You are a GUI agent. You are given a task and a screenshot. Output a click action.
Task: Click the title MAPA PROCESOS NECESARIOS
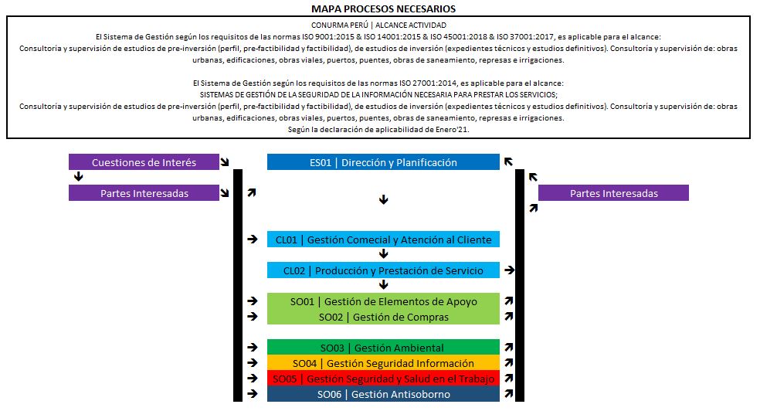click(383, 8)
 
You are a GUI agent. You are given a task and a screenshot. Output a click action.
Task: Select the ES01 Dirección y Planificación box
click(383, 162)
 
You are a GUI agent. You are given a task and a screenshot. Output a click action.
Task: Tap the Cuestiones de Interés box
click(144, 162)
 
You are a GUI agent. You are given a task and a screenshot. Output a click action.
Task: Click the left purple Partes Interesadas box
click(144, 193)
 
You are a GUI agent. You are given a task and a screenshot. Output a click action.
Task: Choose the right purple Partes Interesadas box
click(613, 193)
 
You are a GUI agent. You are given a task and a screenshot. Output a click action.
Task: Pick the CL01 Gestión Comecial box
click(383, 239)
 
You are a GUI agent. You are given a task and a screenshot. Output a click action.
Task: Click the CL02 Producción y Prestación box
click(383, 270)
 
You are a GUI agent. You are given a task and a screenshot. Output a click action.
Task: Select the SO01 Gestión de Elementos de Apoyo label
click(383, 301)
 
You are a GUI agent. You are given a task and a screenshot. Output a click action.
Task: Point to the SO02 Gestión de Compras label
click(383, 317)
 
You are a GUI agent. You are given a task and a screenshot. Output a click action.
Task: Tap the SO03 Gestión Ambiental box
click(383, 348)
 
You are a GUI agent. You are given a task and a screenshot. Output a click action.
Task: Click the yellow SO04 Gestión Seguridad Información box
click(383, 363)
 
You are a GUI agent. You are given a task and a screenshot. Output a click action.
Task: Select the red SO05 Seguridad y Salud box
click(383, 379)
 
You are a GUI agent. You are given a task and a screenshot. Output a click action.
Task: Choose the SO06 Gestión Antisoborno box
click(383, 394)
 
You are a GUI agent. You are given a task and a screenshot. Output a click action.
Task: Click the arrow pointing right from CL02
click(509, 270)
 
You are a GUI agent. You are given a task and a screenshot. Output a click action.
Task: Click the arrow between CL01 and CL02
click(383, 254)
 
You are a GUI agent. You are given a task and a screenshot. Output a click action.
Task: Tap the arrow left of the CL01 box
click(252, 239)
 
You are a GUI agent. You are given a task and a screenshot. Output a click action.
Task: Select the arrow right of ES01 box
click(509, 162)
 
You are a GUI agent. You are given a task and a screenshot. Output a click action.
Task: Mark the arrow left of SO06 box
click(252, 394)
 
